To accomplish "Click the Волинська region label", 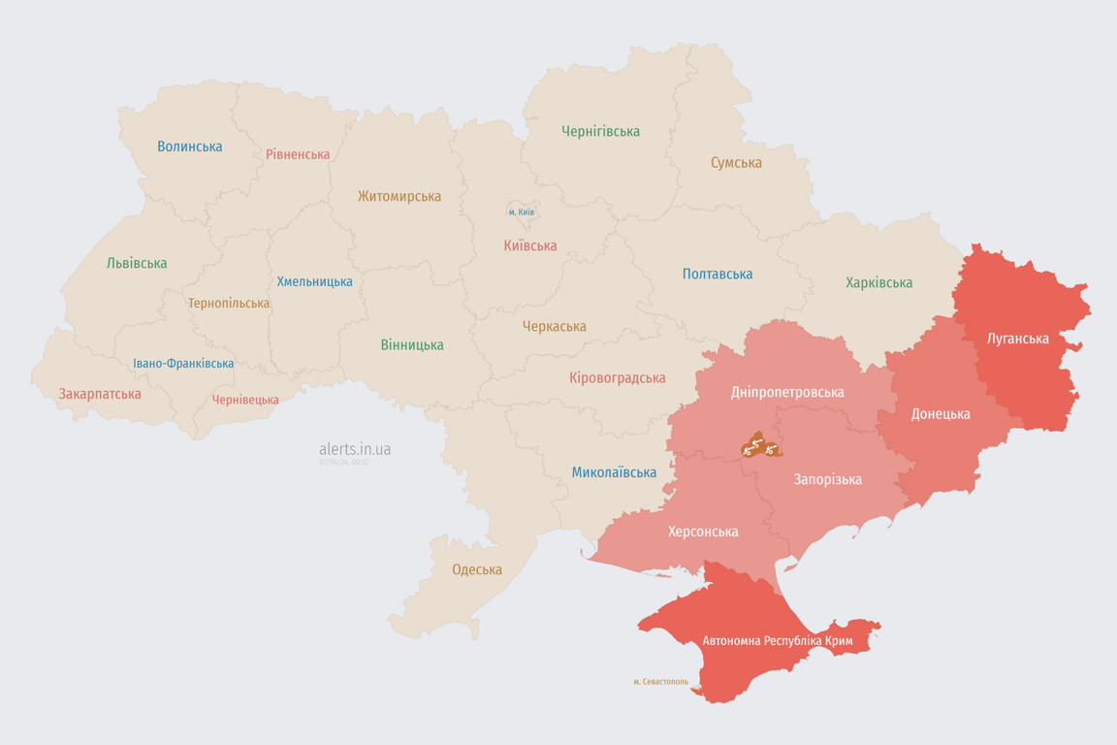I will (x=189, y=146).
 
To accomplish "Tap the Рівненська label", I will (x=298, y=154).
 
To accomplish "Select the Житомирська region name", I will (x=399, y=196).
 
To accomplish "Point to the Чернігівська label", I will (x=600, y=131).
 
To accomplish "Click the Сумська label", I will (x=736, y=162).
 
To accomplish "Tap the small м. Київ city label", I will (x=521, y=211).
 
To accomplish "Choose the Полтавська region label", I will (x=717, y=274).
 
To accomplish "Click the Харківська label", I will (x=878, y=282).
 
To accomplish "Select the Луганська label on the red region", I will (x=1017, y=339).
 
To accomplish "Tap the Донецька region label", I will (x=940, y=413).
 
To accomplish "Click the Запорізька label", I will (x=827, y=479).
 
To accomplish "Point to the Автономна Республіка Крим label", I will (x=777, y=641).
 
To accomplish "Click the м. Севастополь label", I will (x=660, y=681).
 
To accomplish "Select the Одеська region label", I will (x=477, y=569).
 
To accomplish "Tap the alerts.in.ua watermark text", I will (x=355, y=449).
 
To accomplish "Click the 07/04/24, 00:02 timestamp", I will (x=344, y=462).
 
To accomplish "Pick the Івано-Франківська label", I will (x=183, y=364).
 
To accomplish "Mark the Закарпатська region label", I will (x=100, y=394).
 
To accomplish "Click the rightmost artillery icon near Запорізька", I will (x=772, y=448).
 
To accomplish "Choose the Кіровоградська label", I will (x=617, y=377).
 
